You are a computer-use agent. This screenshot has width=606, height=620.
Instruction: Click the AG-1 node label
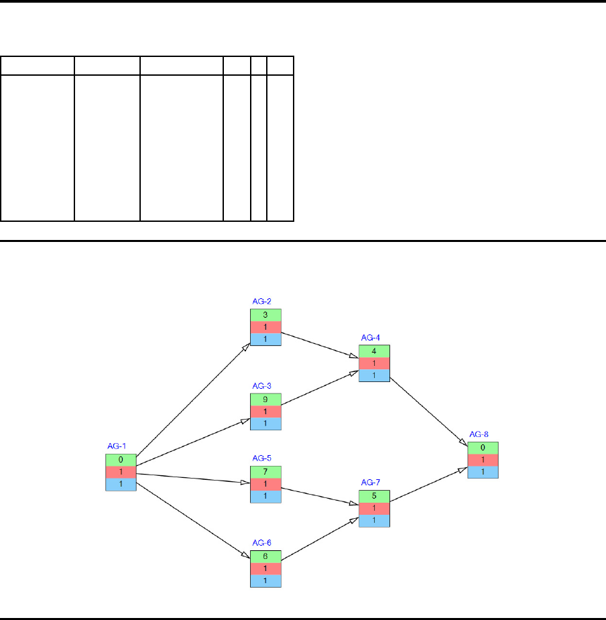pyautogui.click(x=117, y=446)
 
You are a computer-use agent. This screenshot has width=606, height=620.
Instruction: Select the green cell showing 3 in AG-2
pyautogui.click(x=265, y=315)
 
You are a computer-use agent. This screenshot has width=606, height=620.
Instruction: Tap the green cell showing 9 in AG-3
pyautogui.click(x=265, y=399)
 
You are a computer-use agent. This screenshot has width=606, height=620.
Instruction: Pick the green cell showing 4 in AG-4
pyautogui.click(x=374, y=351)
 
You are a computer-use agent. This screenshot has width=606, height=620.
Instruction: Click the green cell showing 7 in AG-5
pyautogui.click(x=265, y=472)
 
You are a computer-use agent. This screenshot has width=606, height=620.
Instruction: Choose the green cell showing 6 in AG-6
pyautogui.click(x=265, y=556)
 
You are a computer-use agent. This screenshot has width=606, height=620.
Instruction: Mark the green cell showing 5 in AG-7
pyautogui.click(x=374, y=496)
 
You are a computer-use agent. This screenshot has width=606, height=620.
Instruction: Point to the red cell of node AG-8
pyautogui.click(x=483, y=460)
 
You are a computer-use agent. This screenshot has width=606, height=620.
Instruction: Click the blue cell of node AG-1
pyautogui.click(x=121, y=484)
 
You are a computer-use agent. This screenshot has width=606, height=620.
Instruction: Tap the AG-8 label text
pyautogui.click(x=480, y=434)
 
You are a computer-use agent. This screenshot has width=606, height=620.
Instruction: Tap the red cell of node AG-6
pyautogui.click(x=265, y=568)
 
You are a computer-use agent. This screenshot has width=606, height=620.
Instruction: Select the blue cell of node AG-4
pyautogui.click(x=374, y=375)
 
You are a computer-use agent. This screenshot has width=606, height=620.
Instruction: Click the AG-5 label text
pyautogui.click(x=262, y=458)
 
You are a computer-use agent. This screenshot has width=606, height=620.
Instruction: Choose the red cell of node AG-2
pyautogui.click(x=265, y=327)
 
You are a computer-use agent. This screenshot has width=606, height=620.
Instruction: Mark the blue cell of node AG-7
pyautogui.click(x=374, y=520)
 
